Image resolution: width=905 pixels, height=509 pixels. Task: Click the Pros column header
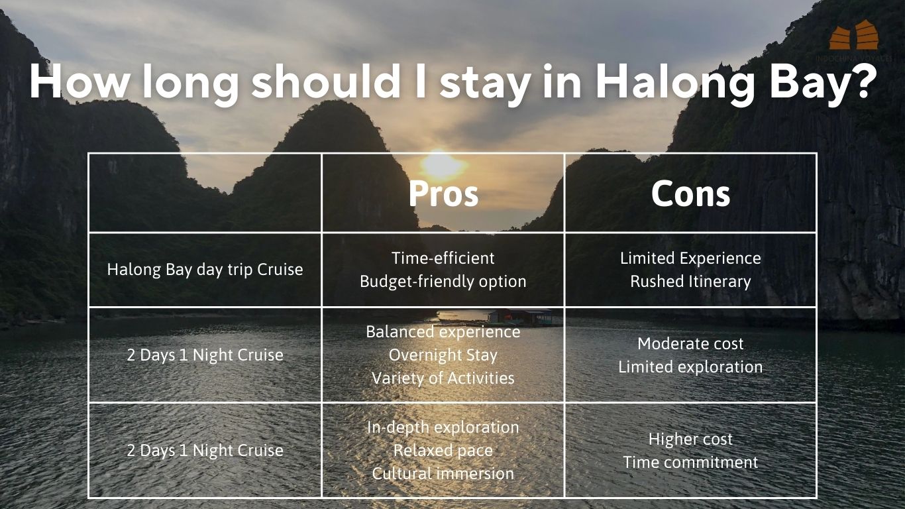(x=443, y=194)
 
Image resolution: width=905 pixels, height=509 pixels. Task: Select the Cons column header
(x=690, y=194)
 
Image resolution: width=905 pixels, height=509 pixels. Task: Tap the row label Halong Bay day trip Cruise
(x=205, y=270)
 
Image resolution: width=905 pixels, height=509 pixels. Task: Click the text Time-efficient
(x=443, y=258)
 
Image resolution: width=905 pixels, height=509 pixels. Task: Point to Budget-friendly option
(x=443, y=282)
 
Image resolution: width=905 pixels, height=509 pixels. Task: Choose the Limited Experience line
(x=690, y=258)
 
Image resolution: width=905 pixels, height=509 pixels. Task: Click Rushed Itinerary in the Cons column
(x=690, y=282)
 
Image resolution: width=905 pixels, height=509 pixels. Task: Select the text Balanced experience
(x=443, y=332)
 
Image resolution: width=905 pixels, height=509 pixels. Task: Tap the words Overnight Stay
(x=443, y=355)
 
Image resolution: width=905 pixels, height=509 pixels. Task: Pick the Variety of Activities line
(x=443, y=378)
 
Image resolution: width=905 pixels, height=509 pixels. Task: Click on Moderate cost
(x=690, y=344)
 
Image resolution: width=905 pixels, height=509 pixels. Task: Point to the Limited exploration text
(x=690, y=367)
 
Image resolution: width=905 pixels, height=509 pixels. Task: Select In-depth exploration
(x=443, y=427)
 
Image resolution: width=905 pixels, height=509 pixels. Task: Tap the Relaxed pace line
(x=443, y=451)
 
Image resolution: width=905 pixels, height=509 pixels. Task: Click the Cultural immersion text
(x=443, y=473)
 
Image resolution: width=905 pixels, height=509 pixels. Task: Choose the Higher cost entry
(x=690, y=439)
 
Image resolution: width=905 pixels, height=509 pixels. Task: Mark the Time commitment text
(x=690, y=462)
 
